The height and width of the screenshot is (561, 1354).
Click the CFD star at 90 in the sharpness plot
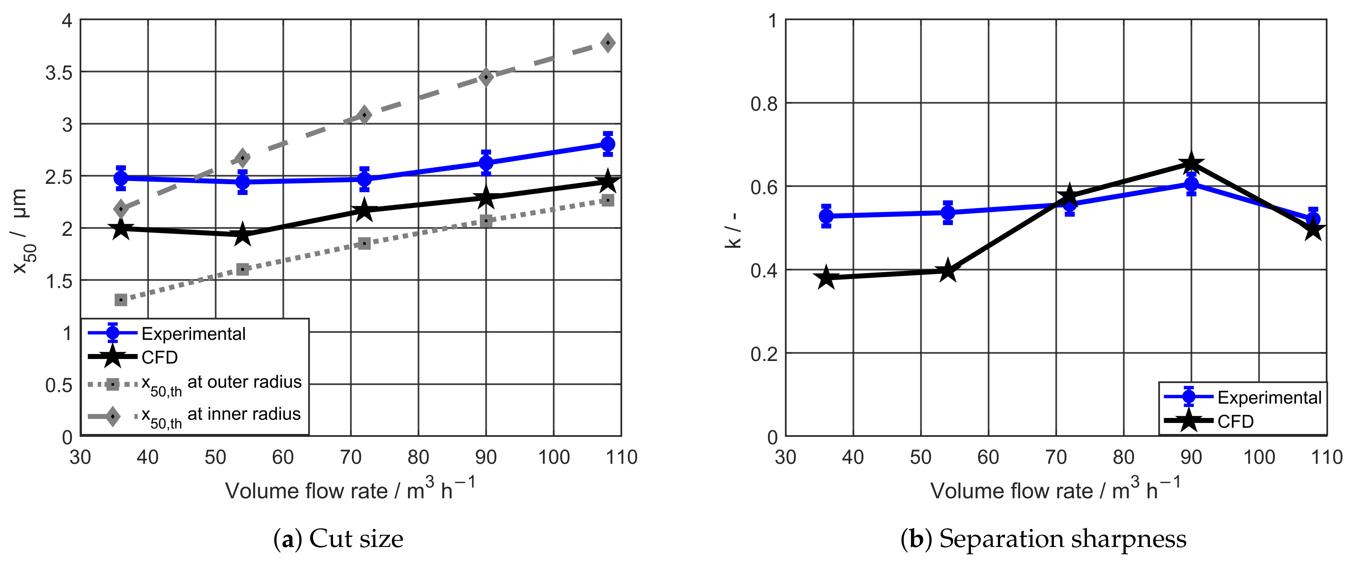point(1191,163)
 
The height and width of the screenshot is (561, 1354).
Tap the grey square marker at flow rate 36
point(121,299)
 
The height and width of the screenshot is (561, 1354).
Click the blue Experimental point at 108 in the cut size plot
point(608,144)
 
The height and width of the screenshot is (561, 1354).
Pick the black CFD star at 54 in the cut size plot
point(242,234)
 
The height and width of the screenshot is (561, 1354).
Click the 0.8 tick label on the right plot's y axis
point(763,103)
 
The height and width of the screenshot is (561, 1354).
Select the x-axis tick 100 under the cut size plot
point(553,457)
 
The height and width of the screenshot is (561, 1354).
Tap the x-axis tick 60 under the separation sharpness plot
point(988,457)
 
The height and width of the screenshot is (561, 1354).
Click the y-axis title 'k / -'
point(733,230)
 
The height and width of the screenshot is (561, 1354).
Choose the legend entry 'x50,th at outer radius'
point(221,384)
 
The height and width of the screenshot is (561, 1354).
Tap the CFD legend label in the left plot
point(160,358)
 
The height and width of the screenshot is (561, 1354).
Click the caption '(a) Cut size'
point(338,539)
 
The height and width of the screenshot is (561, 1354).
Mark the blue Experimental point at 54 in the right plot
point(947,213)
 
